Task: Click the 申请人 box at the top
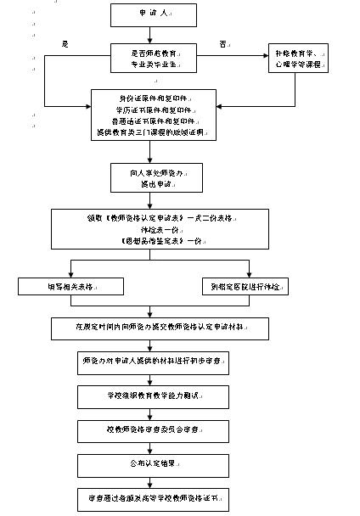coord(153,15)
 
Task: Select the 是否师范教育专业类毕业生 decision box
coord(153,58)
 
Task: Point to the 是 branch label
coord(65,43)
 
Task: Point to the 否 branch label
coord(223,43)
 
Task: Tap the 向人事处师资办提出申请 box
coord(153,177)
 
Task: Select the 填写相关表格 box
coord(70,286)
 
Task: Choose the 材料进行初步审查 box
coord(153,360)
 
